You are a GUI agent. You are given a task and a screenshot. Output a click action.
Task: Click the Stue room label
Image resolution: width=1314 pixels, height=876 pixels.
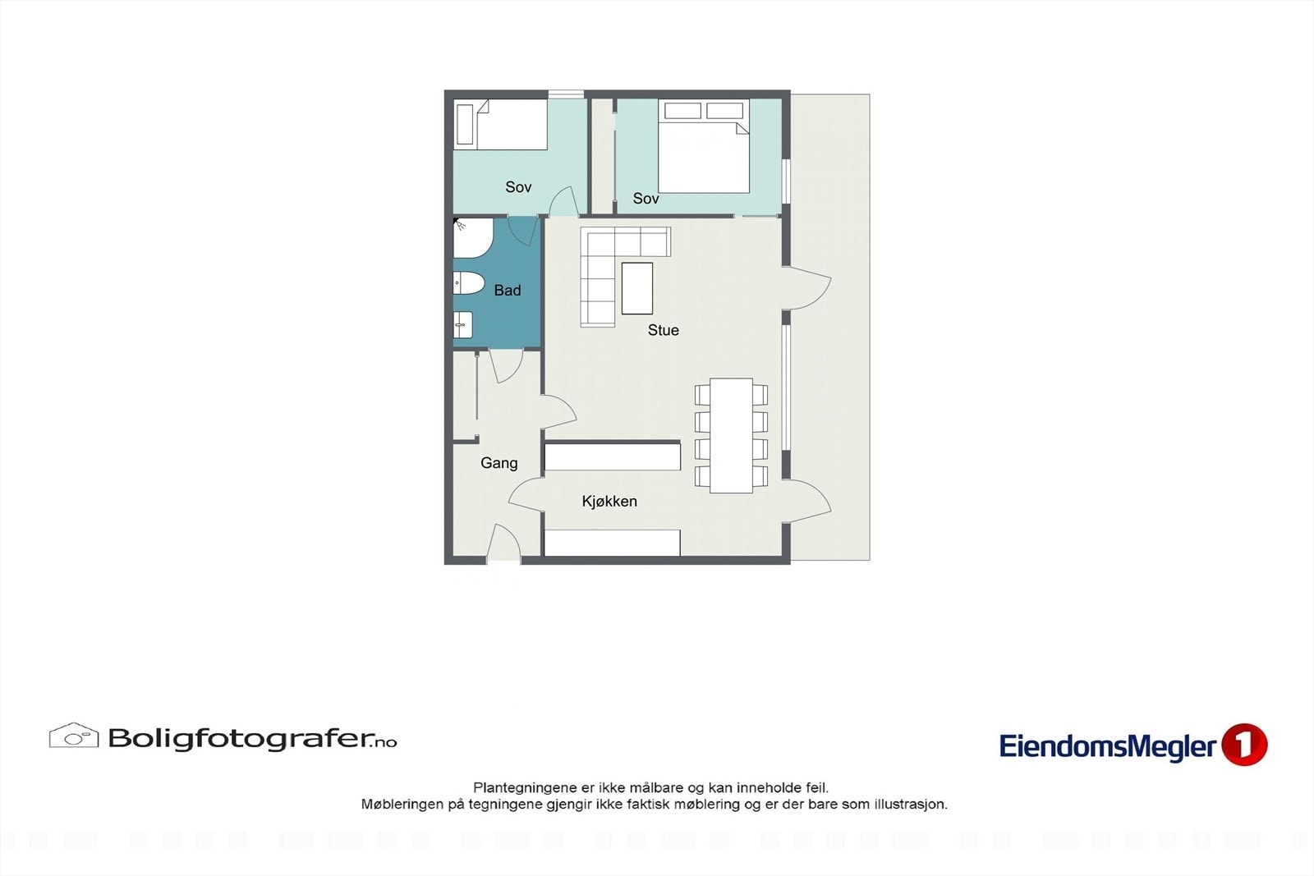click(663, 330)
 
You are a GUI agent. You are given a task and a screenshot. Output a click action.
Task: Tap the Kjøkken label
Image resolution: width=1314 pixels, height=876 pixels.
click(609, 501)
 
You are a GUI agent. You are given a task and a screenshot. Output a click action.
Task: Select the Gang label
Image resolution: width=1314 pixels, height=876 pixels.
click(498, 463)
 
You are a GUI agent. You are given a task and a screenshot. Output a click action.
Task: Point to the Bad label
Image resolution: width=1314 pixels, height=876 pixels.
click(508, 290)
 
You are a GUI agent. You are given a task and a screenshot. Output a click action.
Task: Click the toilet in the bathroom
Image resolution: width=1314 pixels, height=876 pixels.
click(468, 283)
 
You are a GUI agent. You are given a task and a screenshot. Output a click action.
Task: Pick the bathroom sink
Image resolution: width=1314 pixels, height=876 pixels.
click(462, 325)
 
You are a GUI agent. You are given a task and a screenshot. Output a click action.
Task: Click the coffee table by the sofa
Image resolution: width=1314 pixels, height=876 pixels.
click(636, 288)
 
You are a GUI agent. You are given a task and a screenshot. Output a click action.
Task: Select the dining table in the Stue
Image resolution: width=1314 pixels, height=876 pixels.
click(731, 435)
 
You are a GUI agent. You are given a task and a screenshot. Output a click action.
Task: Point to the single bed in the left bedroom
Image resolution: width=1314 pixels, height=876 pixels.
click(502, 125)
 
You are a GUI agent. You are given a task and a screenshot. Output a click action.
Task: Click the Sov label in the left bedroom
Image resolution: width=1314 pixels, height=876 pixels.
click(518, 187)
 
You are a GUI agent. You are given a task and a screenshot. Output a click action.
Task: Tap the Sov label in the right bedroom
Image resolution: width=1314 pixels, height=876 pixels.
click(646, 199)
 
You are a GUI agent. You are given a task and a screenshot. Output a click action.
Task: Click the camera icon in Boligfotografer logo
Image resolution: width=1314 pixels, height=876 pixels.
click(74, 736)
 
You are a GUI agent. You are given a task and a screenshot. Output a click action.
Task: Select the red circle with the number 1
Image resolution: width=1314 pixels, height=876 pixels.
click(1244, 745)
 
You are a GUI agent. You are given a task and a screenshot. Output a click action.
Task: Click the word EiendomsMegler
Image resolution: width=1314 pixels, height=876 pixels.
click(1107, 746)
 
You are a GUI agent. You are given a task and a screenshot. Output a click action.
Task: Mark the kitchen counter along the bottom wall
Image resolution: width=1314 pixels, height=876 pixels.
click(612, 543)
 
